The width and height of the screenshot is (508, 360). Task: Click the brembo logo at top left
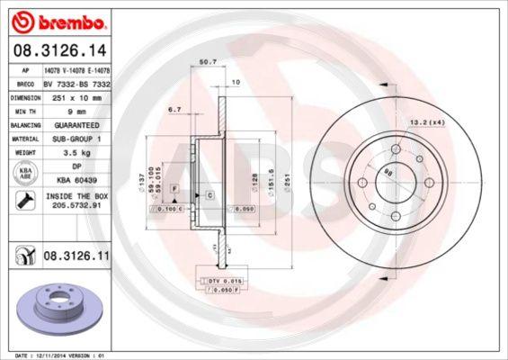pos(56,19)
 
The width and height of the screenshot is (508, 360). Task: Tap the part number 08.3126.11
pos(76,256)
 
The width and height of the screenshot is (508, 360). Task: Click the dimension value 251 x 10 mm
pos(76,94)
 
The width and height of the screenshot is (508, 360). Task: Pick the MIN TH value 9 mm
pos(76,110)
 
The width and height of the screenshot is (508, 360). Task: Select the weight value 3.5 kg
pos(76,153)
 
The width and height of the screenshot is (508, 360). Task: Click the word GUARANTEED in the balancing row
pos(76,124)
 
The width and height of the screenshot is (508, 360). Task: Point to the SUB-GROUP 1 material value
pos(76,139)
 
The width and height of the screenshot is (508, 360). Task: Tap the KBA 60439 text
pos(76,180)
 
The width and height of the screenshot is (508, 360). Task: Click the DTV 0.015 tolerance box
pos(219,282)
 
